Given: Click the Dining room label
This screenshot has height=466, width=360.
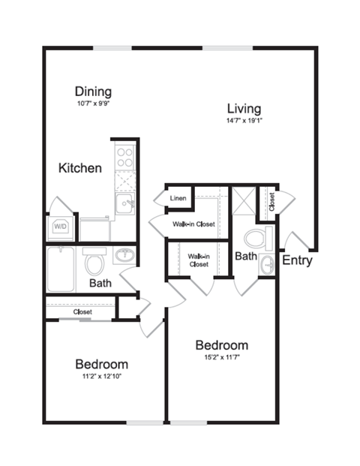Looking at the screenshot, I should [94, 92].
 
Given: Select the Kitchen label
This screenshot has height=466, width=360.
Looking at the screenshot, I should [79, 168].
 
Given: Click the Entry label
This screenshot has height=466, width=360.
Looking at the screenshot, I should [297, 260].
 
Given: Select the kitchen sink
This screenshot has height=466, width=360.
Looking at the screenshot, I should [125, 203].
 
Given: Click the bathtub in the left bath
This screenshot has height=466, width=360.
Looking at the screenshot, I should [61, 269].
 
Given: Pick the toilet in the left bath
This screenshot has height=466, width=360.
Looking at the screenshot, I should [94, 263].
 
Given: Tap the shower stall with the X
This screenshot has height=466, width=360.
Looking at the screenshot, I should [243, 201].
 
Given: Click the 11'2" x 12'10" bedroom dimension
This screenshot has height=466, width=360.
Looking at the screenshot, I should [101, 376].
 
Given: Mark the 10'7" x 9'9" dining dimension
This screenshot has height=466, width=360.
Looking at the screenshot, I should [94, 104].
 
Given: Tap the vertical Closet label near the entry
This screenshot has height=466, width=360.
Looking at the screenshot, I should [271, 200].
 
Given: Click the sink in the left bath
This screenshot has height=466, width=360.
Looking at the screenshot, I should [125, 256].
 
